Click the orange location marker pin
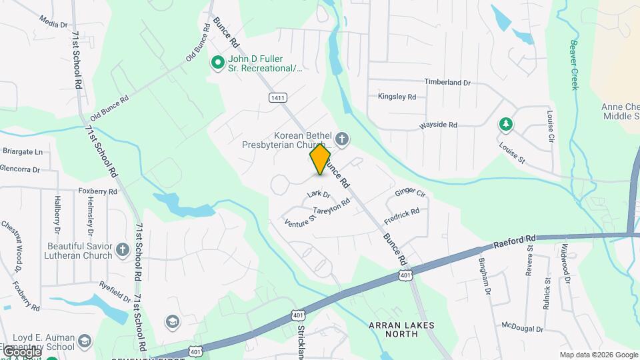pos(321,159)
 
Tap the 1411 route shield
pos(278,98)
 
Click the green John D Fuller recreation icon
pos(217,63)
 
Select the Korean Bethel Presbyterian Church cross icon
pos(342,139)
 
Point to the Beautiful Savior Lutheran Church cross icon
pos(122,249)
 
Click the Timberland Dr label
pos(448,83)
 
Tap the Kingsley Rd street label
pos(397,97)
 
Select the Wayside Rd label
pos(438,125)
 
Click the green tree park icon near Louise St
pos(506,124)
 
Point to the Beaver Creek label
pos(573,65)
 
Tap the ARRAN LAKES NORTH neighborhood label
pos(401,330)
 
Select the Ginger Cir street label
pos(410,193)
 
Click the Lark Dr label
pos(319,195)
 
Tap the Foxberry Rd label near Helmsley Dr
pos(97,191)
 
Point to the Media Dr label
pos(53,23)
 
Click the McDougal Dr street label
pos(523,327)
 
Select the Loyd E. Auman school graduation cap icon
pos(85,342)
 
